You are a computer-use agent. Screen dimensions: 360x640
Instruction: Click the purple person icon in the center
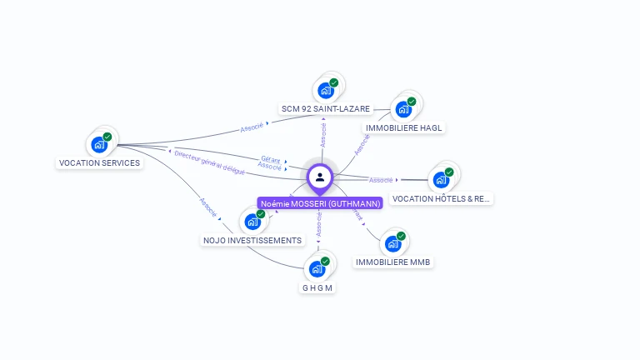[320, 177]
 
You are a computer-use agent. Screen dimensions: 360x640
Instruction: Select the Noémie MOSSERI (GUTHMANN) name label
[320, 203]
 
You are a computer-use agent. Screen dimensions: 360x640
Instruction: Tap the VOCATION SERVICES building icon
[100, 144]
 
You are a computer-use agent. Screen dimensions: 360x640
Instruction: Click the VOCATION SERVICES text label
[99, 163]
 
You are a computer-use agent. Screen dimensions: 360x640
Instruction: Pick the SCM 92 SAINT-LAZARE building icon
[326, 90]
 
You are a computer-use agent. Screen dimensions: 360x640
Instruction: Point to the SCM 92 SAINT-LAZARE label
[326, 109]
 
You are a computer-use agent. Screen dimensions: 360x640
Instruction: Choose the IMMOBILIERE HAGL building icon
[403, 109]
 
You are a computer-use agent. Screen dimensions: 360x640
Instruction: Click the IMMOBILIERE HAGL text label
[403, 128]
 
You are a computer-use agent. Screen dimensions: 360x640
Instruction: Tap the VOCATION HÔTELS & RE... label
[442, 199]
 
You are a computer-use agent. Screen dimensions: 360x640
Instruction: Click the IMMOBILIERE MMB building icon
[392, 244]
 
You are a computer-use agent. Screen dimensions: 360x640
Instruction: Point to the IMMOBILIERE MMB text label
[393, 262]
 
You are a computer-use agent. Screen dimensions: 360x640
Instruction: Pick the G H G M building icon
[317, 269]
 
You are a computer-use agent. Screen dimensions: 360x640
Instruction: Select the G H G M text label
[317, 288]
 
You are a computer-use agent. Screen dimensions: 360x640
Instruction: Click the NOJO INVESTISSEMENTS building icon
[252, 222]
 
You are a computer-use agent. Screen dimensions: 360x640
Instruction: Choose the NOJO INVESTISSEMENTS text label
[252, 241]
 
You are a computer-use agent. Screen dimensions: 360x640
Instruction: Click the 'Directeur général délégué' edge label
[210, 162]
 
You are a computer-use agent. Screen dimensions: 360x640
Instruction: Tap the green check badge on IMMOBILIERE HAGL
[412, 102]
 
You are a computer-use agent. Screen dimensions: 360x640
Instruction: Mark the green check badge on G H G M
[325, 262]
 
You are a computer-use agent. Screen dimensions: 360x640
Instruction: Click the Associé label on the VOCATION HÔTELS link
[381, 180]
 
